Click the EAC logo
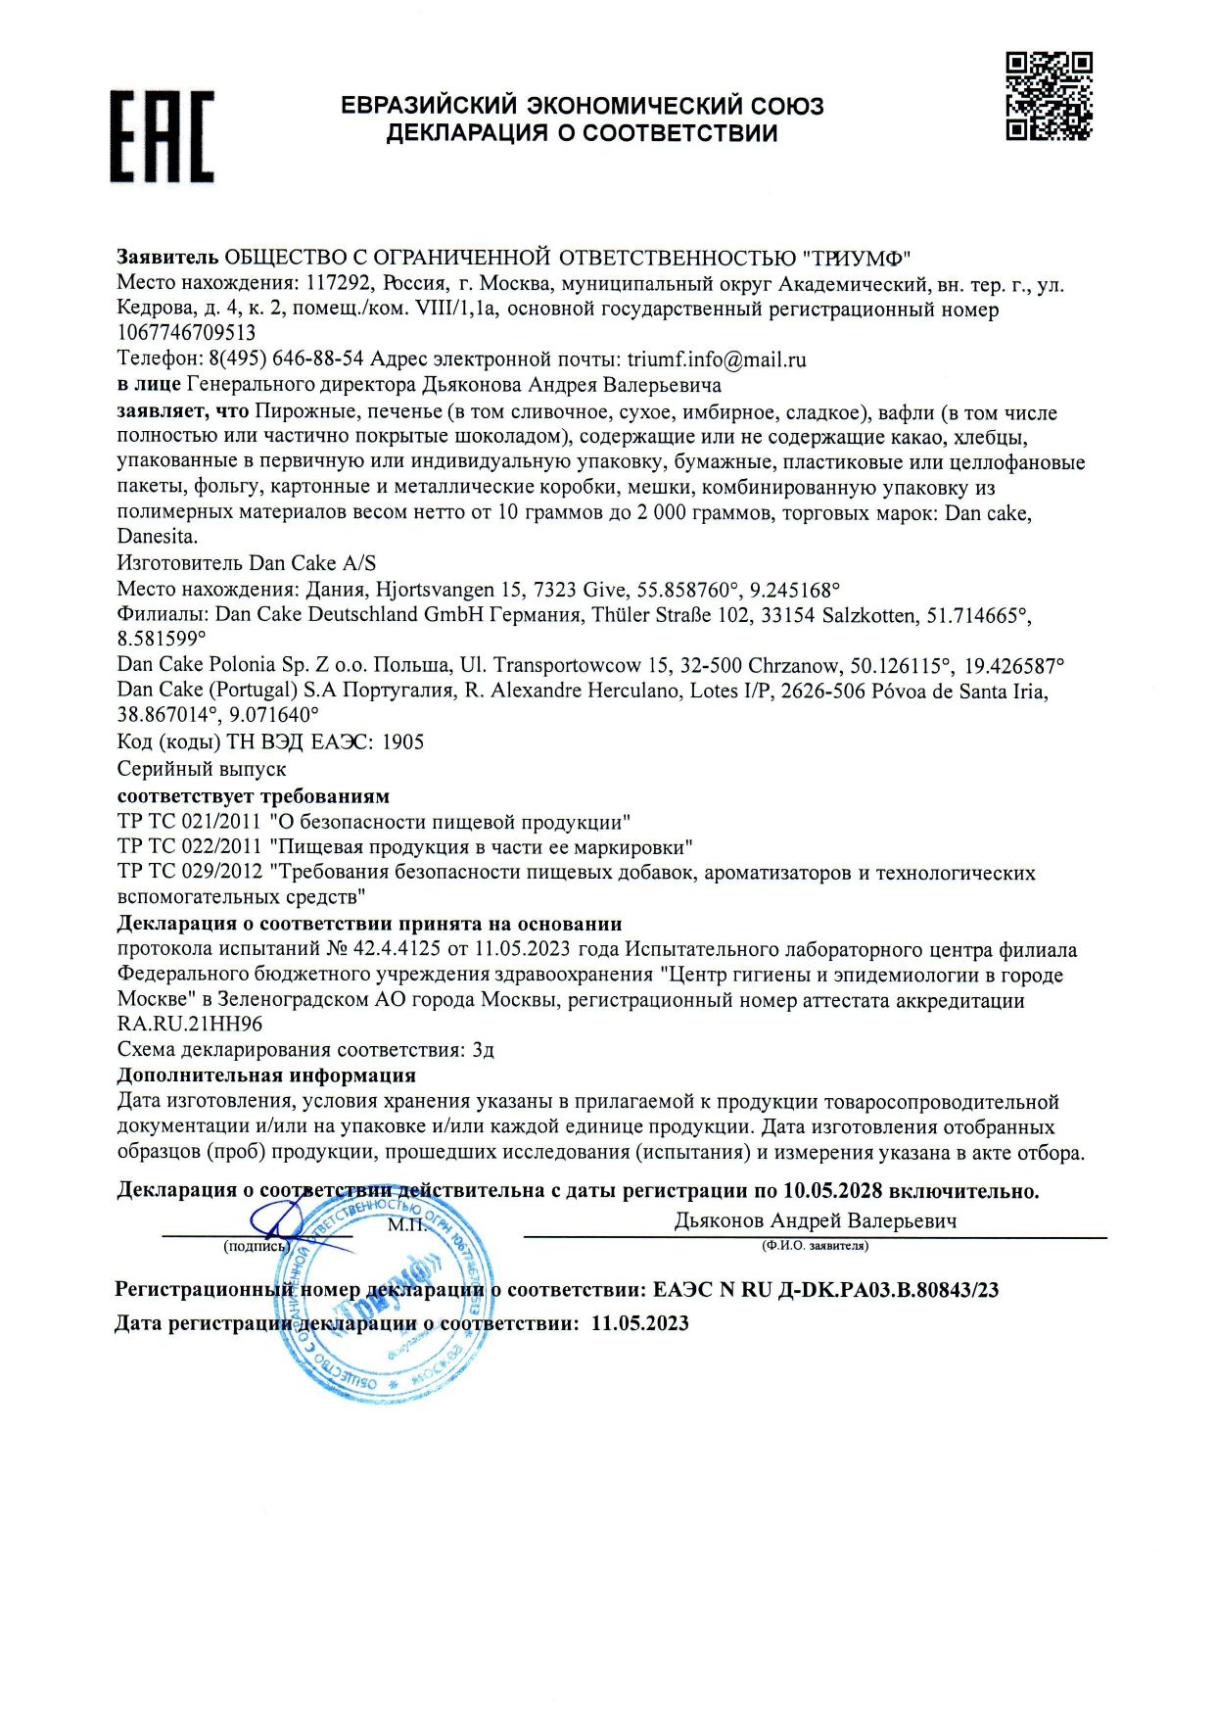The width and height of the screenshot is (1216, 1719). [x=162, y=136]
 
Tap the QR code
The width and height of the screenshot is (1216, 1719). [x=1049, y=96]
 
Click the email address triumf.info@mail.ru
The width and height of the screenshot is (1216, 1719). [x=716, y=359]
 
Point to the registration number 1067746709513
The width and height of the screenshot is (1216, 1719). [x=186, y=334]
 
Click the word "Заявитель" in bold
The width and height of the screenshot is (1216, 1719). [x=167, y=258]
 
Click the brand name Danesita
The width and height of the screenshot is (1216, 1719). [x=157, y=537]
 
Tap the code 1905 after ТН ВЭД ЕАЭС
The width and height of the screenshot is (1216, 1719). [x=402, y=742]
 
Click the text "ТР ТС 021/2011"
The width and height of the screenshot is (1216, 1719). [x=189, y=822]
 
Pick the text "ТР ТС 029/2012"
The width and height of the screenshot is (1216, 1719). [x=189, y=873]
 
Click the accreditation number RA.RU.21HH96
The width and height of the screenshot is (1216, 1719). [x=190, y=1025]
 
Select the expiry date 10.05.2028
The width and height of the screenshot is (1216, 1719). [x=832, y=1191]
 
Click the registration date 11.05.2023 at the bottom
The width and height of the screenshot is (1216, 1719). [x=640, y=1323]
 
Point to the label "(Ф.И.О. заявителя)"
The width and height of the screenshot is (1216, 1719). [x=815, y=1246]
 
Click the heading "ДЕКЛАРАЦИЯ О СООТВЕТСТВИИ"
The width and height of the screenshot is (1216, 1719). [x=582, y=133]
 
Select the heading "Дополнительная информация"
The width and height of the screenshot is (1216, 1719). [x=266, y=1075]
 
